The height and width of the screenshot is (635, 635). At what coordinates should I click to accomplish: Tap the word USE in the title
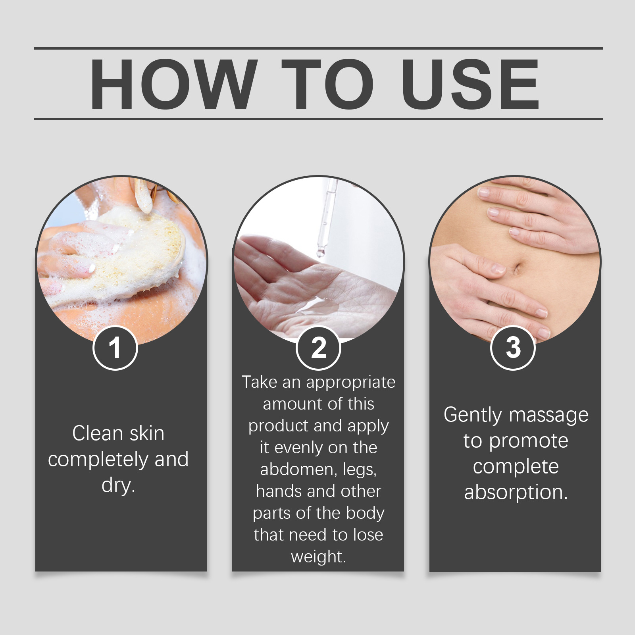point(470,84)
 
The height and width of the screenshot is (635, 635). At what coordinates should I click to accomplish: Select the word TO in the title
point(328,84)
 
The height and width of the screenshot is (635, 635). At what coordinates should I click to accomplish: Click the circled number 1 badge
point(115,348)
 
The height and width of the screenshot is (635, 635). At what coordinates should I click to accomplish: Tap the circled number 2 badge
point(318,348)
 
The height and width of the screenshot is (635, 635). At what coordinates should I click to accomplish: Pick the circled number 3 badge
point(513,348)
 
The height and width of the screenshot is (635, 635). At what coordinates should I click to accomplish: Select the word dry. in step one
point(118,485)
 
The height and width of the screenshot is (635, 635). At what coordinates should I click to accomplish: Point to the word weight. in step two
point(318,557)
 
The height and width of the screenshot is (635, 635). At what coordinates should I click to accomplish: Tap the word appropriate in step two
point(351,383)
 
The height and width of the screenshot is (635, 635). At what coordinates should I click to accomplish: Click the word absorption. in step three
point(516,493)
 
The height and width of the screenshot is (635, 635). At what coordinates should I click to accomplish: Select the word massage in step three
point(549,416)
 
